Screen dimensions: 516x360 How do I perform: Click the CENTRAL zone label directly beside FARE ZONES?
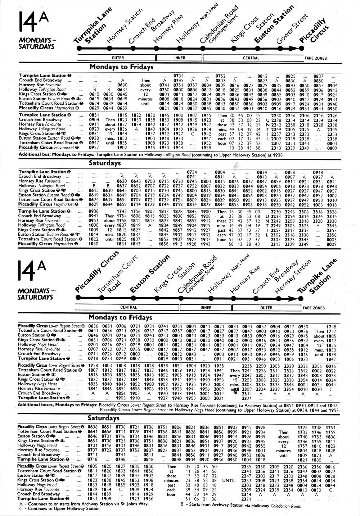pyautogui.click(x=251, y=58)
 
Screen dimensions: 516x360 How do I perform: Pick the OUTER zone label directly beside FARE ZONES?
pyautogui.click(x=266, y=308)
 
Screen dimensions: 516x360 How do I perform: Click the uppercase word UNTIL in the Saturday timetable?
pyautogui.click(x=229, y=480)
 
